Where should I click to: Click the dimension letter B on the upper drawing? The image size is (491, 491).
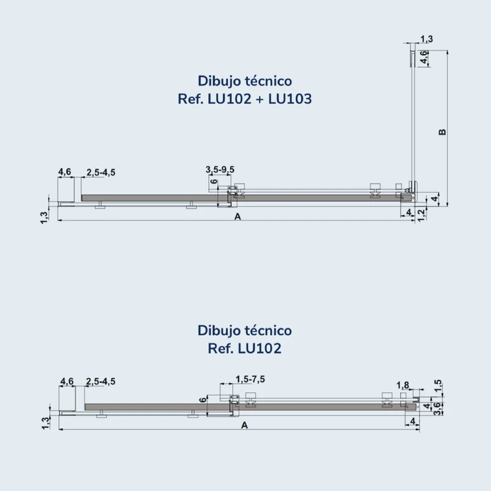coord(442,132)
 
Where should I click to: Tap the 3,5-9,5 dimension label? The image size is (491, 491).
coord(220,169)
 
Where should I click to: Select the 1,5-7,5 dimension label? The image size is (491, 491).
coord(250,379)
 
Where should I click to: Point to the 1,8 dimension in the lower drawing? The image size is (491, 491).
coord(403,385)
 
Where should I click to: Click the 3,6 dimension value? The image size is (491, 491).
coord(438,409)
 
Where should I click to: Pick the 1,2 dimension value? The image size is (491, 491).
coord(422,215)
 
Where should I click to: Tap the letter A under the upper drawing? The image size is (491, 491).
coord(238,217)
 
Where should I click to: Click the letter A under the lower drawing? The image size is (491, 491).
coord(244,425)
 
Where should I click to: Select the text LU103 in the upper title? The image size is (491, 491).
coord(290,99)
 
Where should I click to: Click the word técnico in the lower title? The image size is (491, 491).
coord(268,331)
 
